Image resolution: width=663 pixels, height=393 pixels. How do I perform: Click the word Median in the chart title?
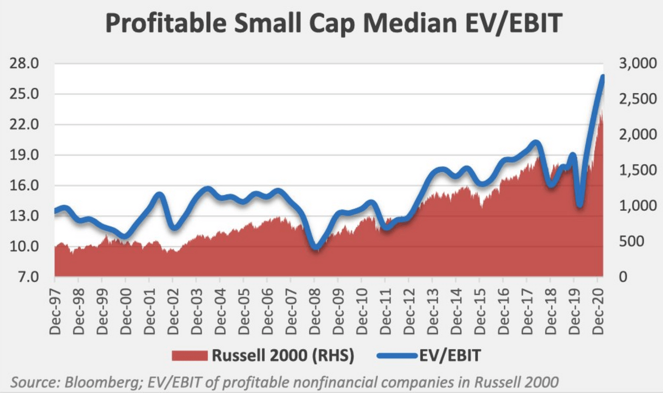coord(410,23)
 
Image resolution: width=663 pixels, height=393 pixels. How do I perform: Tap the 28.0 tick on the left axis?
coord(24,63)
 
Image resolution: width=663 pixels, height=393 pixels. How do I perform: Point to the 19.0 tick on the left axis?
coord(24,155)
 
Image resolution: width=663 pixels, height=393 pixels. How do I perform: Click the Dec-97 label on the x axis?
coord(55,312)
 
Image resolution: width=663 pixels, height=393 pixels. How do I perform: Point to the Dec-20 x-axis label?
coord(598,312)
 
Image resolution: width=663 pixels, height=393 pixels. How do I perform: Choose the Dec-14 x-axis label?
coord(456,312)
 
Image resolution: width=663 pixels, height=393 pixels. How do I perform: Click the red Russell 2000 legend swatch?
coord(190,355)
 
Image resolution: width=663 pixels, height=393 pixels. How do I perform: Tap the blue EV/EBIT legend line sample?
coord(397,355)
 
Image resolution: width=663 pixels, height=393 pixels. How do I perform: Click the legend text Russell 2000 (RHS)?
coord(283,355)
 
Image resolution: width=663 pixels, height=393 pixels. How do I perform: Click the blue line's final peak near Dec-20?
coord(602,77)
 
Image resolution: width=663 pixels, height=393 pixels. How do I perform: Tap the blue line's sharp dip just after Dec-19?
coord(580,205)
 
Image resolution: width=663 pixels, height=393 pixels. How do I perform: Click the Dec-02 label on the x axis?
coord(173,312)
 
